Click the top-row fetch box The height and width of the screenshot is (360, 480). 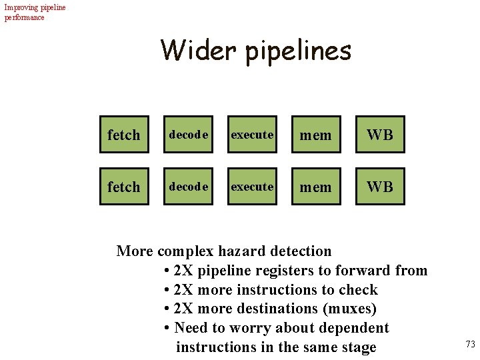[124, 135]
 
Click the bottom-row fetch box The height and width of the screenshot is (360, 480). [124, 187]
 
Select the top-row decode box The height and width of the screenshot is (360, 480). [189, 135]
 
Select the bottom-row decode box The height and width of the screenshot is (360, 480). [189, 187]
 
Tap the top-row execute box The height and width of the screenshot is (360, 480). [252, 135]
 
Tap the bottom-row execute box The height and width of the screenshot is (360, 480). [252, 187]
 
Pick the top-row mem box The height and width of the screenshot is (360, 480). [315, 135]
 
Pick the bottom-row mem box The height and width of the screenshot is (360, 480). [315, 187]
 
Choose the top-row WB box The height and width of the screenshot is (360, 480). [380, 135]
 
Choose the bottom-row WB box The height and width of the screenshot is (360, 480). [380, 187]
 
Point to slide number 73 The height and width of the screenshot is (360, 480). [470, 344]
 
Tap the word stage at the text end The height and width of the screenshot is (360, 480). [357, 347]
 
